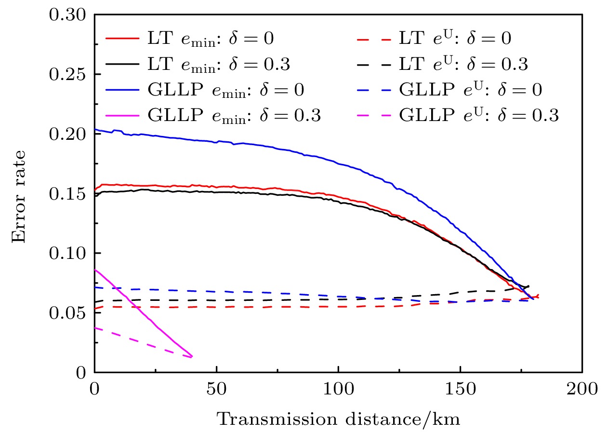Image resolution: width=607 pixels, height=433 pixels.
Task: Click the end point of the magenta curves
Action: coord(192,356)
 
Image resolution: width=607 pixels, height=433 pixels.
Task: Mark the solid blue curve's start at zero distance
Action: coord(95,129)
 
